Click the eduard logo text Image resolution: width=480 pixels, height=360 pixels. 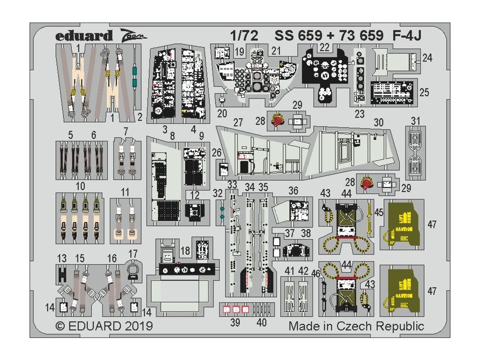pyautogui.click(x=84, y=36)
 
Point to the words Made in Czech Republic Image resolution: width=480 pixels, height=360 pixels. pyautogui.click(x=356, y=326)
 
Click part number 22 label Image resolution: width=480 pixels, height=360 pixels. pyautogui.click(x=324, y=46)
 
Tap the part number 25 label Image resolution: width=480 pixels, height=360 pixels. pyautogui.click(x=424, y=92)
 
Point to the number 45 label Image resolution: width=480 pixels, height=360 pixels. pyautogui.click(x=379, y=212)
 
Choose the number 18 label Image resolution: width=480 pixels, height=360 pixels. pyautogui.click(x=186, y=251)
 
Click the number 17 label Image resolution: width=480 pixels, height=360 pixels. pyautogui.click(x=133, y=254)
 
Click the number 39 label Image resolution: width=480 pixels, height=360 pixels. pyautogui.click(x=235, y=322)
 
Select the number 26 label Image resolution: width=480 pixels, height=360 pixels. pyautogui.click(x=216, y=152)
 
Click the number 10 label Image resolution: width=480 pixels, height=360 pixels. pyautogui.click(x=81, y=186)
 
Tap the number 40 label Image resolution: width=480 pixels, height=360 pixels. pyautogui.click(x=262, y=322)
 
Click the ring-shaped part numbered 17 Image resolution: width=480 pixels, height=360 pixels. pyautogui.click(x=133, y=270)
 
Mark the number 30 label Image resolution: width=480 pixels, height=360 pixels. pyautogui.click(x=379, y=123)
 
